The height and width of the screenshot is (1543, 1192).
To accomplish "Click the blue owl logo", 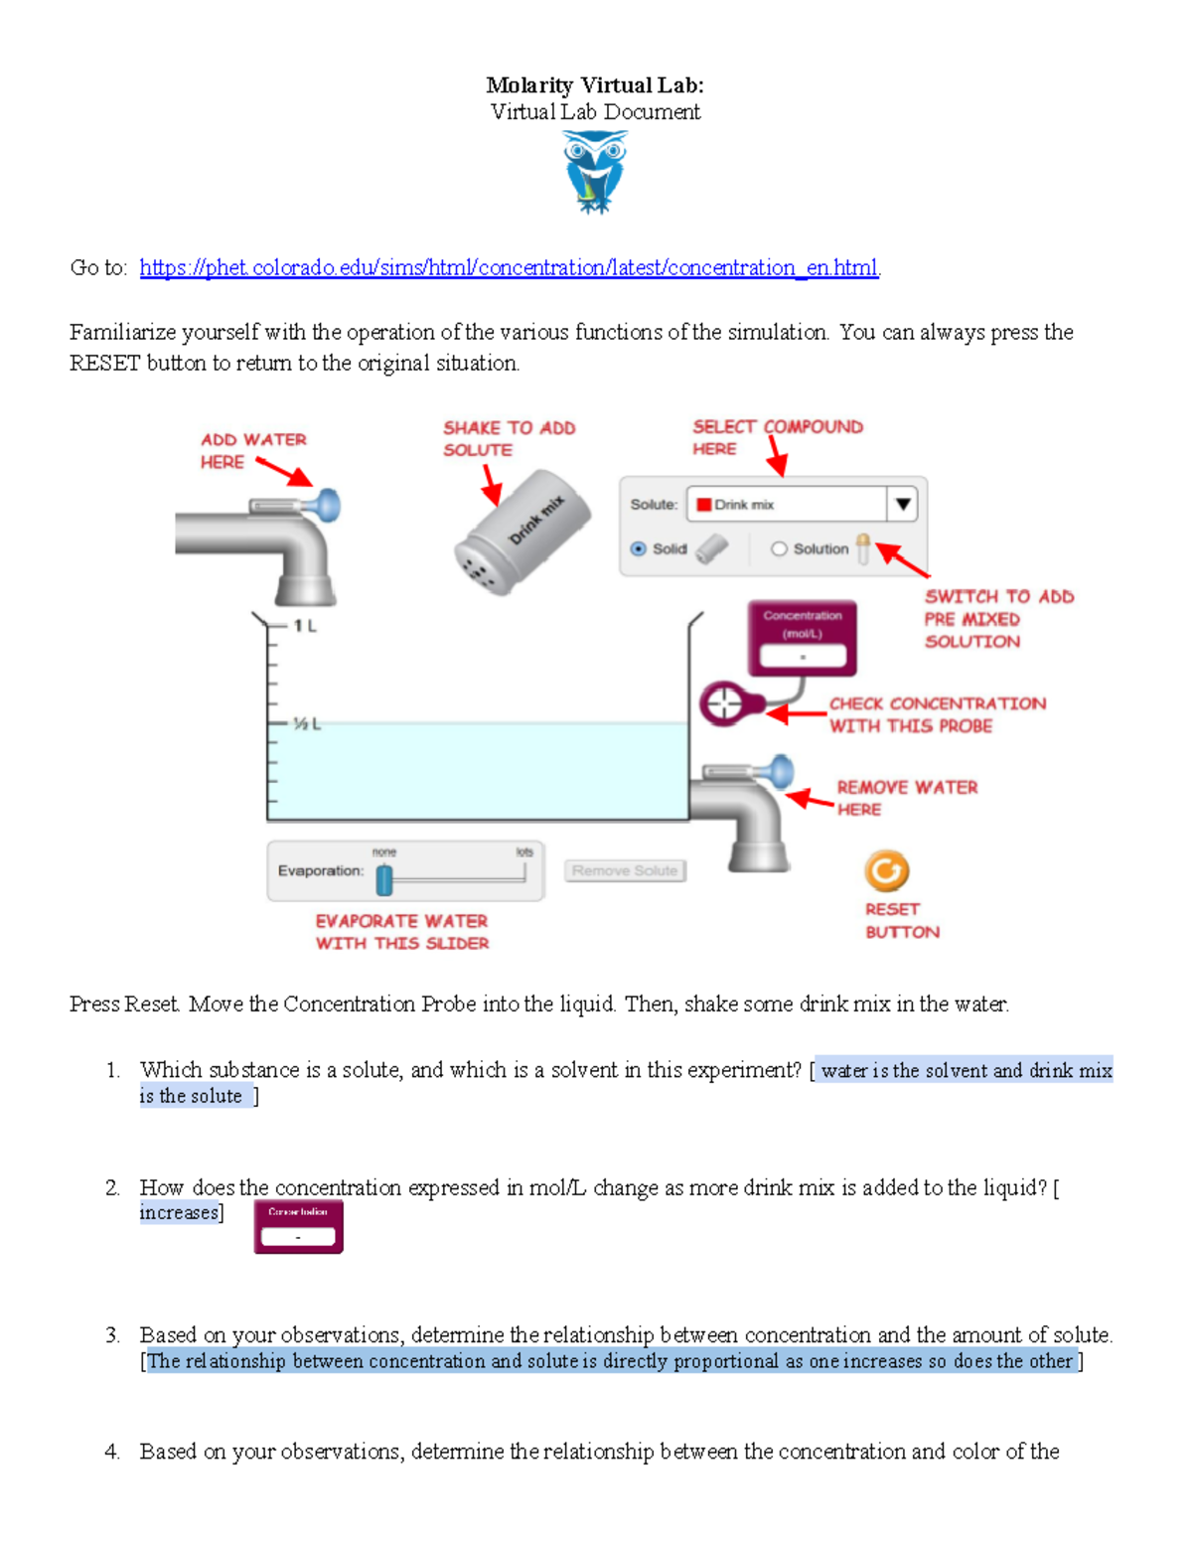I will tap(595, 171).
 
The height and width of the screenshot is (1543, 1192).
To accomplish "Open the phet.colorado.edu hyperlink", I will tap(509, 267).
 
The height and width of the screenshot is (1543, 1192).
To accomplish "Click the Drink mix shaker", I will tap(522, 534).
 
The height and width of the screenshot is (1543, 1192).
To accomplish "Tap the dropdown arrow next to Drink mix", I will tap(902, 504).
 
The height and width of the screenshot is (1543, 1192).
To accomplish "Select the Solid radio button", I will tap(639, 548).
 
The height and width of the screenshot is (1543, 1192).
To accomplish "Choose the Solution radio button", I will tap(779, 548).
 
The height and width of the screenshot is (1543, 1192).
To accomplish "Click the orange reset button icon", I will tap(886, 870).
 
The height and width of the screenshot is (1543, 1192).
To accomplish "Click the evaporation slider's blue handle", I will tap(384, 878).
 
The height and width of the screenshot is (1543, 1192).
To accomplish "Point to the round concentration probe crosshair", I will tap(725, 703).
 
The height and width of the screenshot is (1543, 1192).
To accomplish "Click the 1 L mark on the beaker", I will tap(304, 626).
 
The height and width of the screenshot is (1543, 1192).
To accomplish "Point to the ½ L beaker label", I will tap(306, 724).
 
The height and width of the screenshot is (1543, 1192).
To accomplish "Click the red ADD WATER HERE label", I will tap(252, 450).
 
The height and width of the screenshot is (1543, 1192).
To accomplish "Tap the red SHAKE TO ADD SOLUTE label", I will tap(508, 438).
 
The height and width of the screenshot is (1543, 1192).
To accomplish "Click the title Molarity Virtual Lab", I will tap(594, 85).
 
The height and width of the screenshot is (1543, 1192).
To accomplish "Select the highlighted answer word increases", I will tap(179, 1212).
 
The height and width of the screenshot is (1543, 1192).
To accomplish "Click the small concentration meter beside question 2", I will tap(298, 1226).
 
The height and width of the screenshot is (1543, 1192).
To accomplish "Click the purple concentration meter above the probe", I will tap(802, 638).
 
